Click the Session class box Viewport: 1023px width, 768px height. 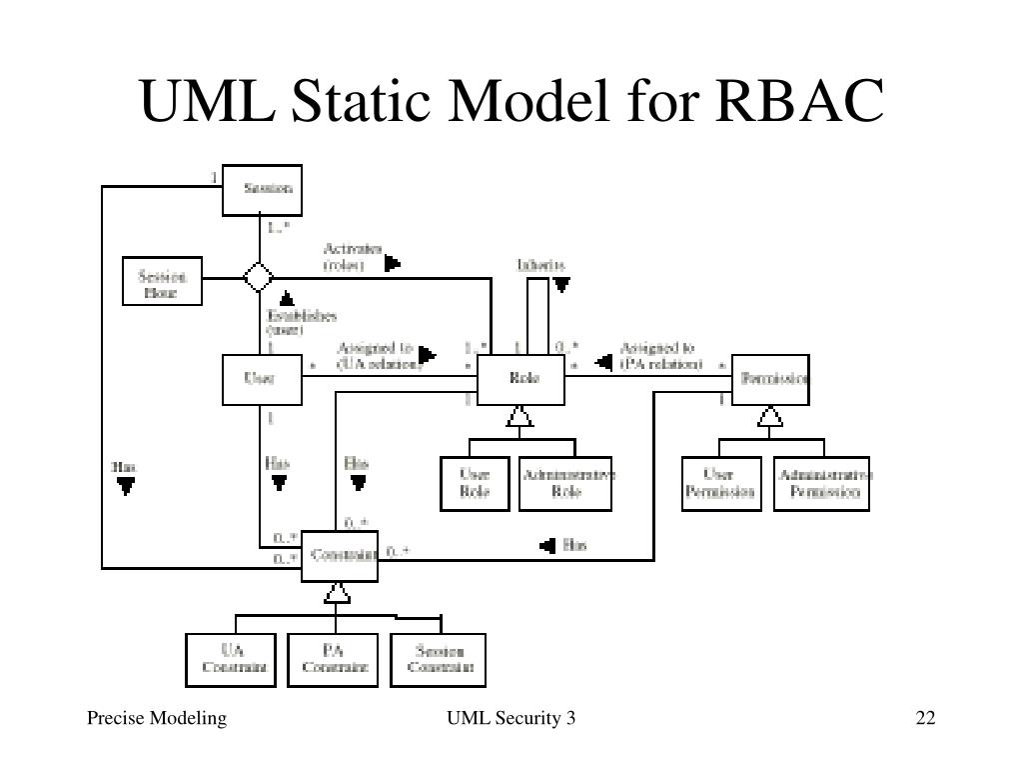(261, 190)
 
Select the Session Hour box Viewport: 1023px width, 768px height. (162, 281)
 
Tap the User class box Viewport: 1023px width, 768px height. (261, 380)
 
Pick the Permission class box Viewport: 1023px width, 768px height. (771, 380)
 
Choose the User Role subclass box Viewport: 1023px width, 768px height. (475, 483)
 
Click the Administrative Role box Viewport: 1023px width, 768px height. (567, 483)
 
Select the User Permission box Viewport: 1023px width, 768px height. (719, 483)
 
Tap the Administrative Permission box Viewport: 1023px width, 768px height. (822, 483)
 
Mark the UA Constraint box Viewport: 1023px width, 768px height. (232, 659)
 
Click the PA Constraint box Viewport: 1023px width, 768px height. (334, 659)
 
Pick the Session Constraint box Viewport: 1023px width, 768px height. (439, 659)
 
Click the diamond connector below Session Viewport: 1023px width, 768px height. (260, 276)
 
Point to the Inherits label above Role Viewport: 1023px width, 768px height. (540, 265)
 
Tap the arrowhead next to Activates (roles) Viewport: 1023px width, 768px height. (393, 263)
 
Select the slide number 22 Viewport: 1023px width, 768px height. (923, 718)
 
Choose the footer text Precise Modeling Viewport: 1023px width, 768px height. (156, 718)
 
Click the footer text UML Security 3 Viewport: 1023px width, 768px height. (511, 718)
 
